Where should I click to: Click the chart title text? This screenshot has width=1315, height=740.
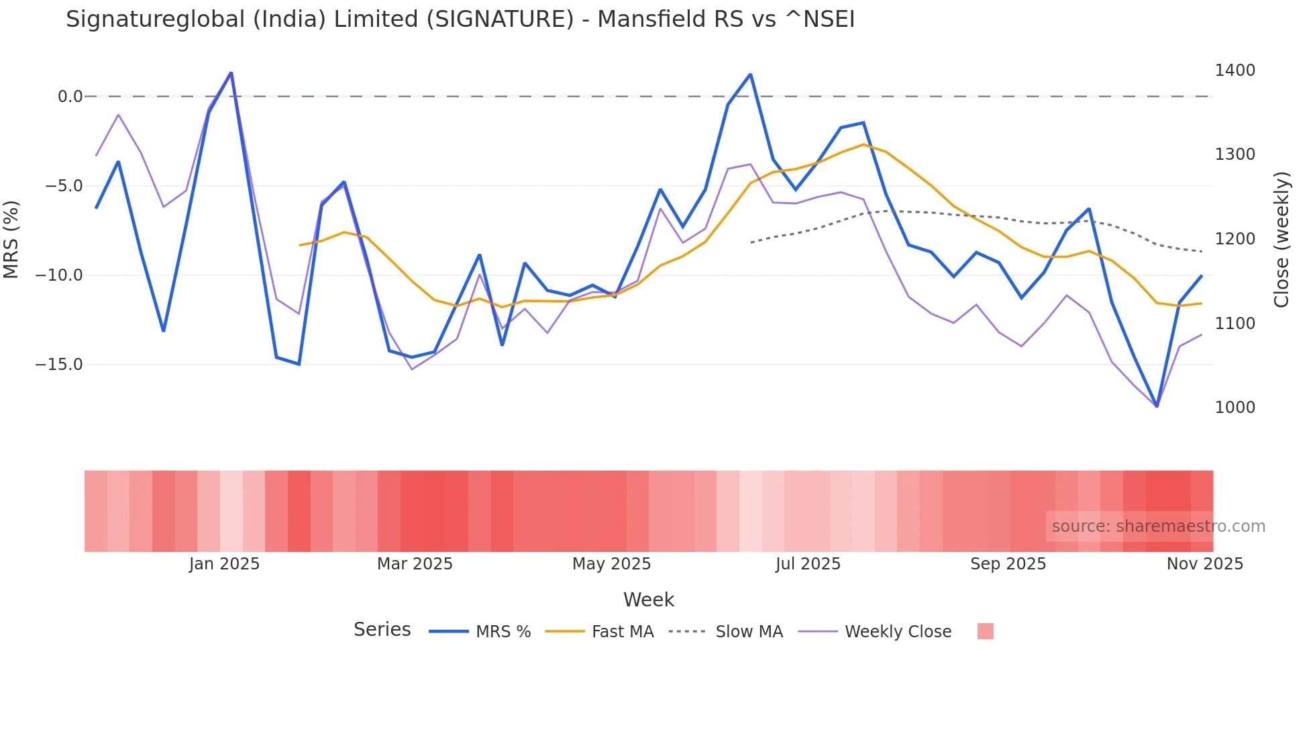[x=460, y=19]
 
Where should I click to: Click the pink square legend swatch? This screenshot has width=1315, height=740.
[x=985, y=631]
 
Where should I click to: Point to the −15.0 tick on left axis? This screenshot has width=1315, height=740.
[x=59, y=365]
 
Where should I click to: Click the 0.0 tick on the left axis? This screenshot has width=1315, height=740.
[x=70, y=97]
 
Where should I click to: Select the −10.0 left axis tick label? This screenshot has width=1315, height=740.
[x=59, y=275]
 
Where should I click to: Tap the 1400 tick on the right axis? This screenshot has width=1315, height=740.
[x=1234, y=71]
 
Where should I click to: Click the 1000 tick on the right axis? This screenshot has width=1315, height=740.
[x=1234, y=408]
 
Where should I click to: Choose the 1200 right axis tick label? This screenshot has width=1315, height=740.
[x=1234, y=239]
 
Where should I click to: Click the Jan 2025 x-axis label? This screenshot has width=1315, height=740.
[x=224, y=564]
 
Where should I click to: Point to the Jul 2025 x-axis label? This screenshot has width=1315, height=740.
[x=808, y=564]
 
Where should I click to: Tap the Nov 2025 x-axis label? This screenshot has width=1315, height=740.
[x=1204, y=564]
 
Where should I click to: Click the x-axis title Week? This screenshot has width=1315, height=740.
[x=648, y=600]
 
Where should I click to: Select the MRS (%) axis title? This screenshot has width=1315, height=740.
[x=11, y=239]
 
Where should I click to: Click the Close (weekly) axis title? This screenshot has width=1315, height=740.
[x=1281, y=239]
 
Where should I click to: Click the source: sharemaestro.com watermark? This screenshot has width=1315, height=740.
[x=1158, y=526]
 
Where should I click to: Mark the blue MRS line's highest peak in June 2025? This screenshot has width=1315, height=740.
[x=750, y=75]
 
